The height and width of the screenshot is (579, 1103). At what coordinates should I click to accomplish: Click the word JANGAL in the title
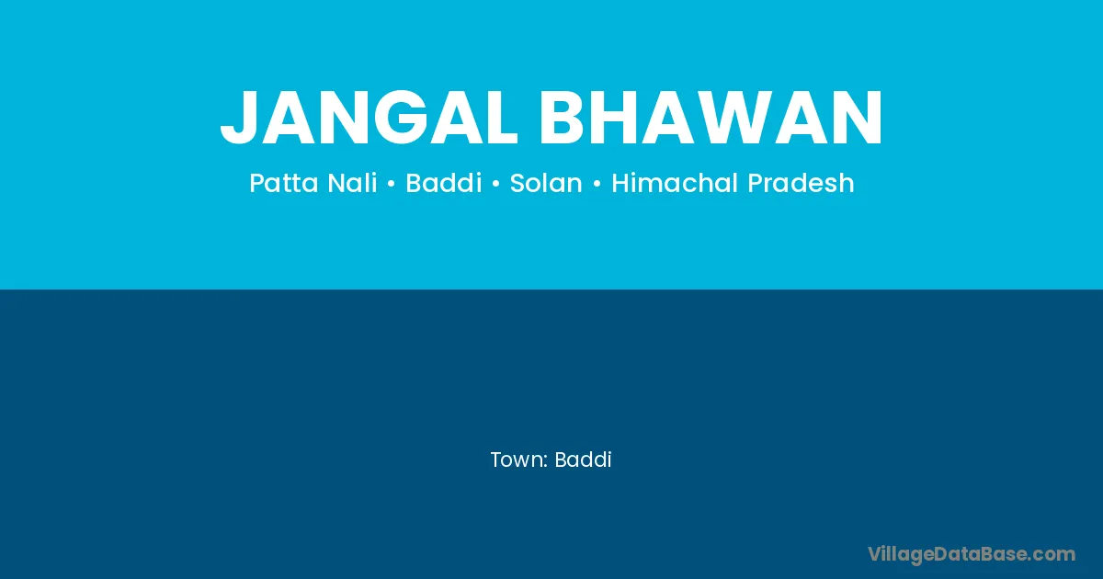[x=369, y=118]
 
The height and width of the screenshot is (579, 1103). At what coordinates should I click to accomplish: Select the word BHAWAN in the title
[x=711, y=118]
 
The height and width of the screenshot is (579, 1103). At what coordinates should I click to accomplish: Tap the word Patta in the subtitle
[x=284, y=183]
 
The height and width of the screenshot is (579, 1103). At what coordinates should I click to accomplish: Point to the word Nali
[x=353, y=182]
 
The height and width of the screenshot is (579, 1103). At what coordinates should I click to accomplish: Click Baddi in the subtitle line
[x=444, y=182]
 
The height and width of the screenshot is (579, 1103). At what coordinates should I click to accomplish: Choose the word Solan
[x=546, y=182]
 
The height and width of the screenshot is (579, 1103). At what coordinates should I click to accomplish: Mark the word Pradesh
[x=801, y=182]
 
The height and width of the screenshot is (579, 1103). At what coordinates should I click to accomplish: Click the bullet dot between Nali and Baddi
[x=392, y=184]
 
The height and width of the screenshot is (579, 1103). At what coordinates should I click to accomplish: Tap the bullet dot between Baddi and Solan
[x=495, y=184]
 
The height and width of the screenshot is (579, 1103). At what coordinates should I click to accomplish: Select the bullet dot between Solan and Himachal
[x=597, y=184]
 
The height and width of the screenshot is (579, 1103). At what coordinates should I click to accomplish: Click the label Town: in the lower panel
[x=519, y=460]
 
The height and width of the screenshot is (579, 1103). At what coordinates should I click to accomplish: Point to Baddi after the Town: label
[x=583, y=460]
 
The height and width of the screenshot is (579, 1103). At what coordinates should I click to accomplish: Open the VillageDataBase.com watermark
[x=972, y=554]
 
